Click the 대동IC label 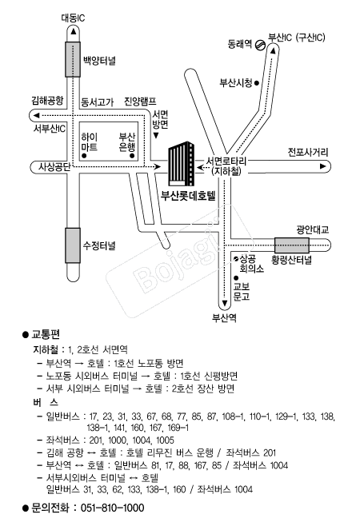73,18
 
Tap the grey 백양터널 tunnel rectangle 73,59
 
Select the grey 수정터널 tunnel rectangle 73,245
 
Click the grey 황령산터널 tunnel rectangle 292,245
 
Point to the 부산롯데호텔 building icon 181,163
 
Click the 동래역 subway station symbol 260,45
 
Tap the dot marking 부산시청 257,83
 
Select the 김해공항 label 47,100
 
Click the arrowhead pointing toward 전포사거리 322,166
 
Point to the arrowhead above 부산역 225,303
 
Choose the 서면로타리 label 226,161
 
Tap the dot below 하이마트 84,155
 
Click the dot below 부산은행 132,155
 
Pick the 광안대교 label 312,229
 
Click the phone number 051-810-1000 113,508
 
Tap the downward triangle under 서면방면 156,136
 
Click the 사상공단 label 54,166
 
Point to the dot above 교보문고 236,277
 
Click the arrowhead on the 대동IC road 73,31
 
